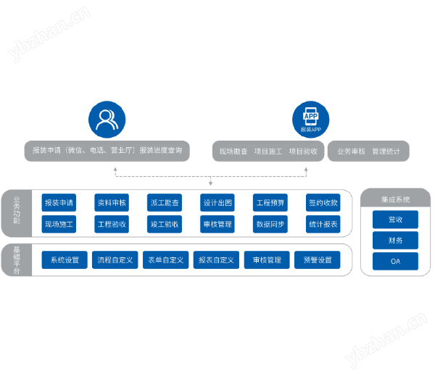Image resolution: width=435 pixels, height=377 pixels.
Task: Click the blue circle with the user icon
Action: [x=107, y=120]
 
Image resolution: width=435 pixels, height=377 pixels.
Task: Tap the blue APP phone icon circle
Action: [x=310, y=120]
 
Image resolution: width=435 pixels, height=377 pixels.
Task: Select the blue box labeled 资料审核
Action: [x=111, y=203]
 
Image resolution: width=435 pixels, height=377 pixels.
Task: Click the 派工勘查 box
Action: [x=164, y=203]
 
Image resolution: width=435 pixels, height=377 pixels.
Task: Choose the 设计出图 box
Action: [x=217, y=203]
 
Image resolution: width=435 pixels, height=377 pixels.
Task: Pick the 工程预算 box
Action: [x=270, y=203]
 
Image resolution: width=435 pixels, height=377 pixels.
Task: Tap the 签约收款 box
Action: [x=323, y=203]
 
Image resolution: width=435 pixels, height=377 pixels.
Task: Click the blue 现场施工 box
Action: [x=59, y=224]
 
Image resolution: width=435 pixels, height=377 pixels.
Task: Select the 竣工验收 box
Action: [x=164, y=224]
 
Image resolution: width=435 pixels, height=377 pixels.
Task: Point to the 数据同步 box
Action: [x=270, y=224]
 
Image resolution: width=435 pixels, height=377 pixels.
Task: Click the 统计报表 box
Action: [x=323, y=224]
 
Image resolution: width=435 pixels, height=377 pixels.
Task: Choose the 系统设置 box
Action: [x=65, y=260]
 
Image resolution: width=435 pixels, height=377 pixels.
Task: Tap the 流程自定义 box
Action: [x=115, y=260]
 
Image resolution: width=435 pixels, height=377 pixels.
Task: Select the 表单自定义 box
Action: [x=166, y=260]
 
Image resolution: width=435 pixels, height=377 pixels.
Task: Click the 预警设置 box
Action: [x=317, y=260]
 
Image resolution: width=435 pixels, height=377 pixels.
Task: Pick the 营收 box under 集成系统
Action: [x=395, y=219]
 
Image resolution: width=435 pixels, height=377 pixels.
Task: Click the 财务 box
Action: [x=395, y=240]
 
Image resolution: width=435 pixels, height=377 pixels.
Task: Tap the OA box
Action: [x=395, y=261]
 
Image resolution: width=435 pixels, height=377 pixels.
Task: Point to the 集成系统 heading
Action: [x=395, y=199]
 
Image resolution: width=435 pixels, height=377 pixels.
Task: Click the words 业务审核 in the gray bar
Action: [x=349, y=152]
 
